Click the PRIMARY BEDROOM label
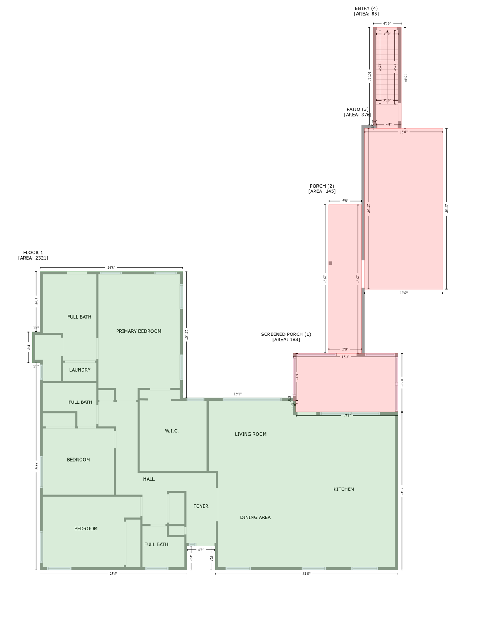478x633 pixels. click(138, 331)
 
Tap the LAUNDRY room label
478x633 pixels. click(80, 370)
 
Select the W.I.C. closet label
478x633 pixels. click(172, 431)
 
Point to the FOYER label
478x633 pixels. click(201, 506)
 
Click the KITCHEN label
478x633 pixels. click(344, 489)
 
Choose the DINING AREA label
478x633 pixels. click(255, 518)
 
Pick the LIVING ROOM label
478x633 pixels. click(251, 434)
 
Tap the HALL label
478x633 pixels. click(149, 479)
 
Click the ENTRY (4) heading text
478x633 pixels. click(366, 9)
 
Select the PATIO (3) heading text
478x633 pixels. click(357, 110)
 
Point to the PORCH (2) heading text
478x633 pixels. click(322, 186)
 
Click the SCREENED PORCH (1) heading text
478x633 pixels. click(286, 335)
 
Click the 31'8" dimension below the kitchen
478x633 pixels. click(306, 574)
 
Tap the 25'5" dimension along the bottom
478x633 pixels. click(113, 574)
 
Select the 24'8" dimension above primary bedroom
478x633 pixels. click(111, 268)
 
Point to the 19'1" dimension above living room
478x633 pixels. click(238, 394)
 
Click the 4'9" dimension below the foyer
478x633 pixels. click(201, 550)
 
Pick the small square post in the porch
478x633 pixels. click(330, 263)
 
